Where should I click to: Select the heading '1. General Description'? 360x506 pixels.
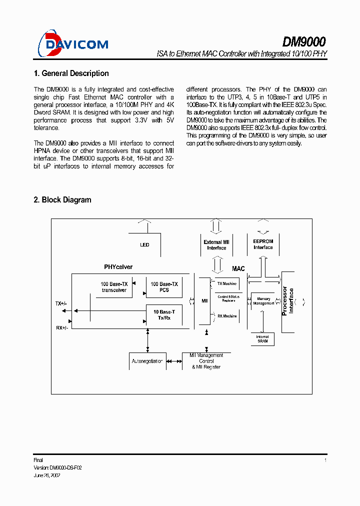coord(71,73)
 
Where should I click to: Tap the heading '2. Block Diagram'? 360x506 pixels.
coord(62,200)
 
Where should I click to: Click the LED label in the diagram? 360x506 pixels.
coord(144,245)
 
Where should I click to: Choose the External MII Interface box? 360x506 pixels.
coord(216,245)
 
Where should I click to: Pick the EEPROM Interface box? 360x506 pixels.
coord(263,244)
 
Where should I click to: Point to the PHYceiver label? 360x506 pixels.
coord(118,267)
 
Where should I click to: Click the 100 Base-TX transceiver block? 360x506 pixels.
coord(114,287)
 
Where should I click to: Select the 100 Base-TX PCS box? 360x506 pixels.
coord(164,287)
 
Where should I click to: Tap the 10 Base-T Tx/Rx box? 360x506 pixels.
coord(164,315)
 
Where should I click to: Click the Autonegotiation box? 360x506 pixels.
coord(147,361)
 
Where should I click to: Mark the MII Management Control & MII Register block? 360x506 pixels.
coord(206,361)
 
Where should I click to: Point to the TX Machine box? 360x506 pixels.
coord(226,283)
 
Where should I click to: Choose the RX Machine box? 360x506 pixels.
coord(226,316)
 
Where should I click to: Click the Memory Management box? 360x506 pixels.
coord(263,301)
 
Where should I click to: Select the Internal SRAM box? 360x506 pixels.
coord(262,339)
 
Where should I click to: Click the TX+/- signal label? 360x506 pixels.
coord(61,303)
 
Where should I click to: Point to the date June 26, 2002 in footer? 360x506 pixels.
coord(47,475)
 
